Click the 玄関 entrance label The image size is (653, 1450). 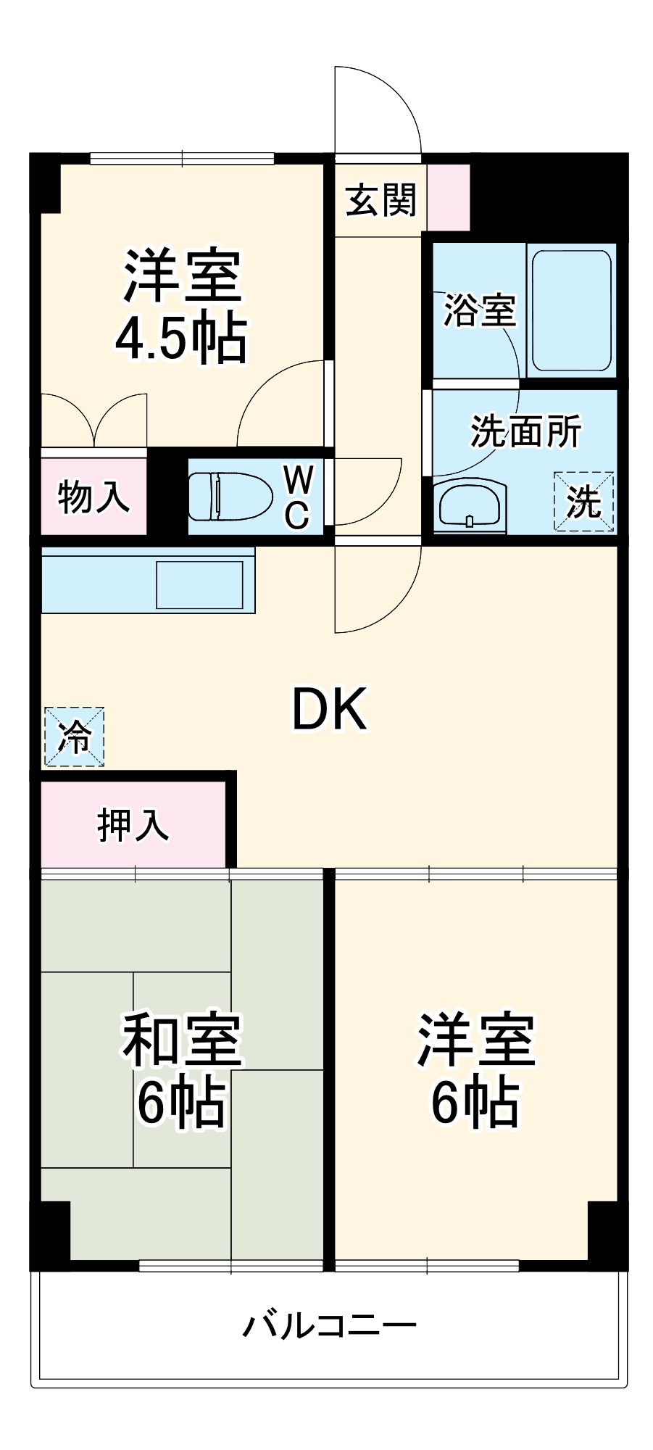point(380,200)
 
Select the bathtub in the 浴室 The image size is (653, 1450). point(571,311)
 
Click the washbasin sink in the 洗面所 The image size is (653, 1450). point(470,505)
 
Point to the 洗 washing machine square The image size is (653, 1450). point(584,501)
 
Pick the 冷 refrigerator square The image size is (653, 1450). point(74,737)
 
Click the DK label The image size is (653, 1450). point(329,710)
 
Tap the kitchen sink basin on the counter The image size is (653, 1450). point(199,584)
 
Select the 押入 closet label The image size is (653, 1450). point(133,824)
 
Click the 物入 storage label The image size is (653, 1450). point(93,497)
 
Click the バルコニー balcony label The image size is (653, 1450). point(329,1325)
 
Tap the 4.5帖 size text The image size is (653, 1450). point(181,339)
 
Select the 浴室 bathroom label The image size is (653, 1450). point(479,310)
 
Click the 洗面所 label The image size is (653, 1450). point(525,432)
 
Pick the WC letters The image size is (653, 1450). point(298,497)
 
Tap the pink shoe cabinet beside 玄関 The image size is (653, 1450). point(449,197)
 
